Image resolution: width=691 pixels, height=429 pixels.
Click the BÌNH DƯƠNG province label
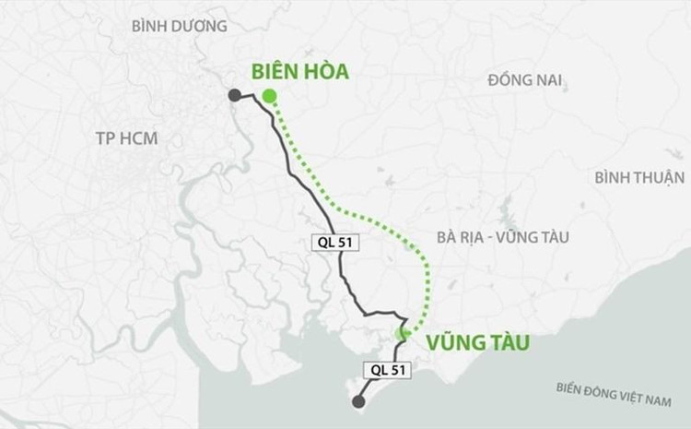click(179, 26)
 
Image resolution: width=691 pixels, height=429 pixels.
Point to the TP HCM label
click(126, 138)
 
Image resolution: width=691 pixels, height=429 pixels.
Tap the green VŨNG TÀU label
click(478, 344)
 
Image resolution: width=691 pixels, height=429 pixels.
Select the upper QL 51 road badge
click(334, 243)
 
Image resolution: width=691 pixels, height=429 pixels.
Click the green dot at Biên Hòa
click(268, 96)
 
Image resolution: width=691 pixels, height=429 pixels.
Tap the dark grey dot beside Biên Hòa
click(235, 94)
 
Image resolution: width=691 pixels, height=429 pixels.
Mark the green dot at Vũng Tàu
click(403, 334)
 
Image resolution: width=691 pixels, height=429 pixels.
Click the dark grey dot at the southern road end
click(357, 402)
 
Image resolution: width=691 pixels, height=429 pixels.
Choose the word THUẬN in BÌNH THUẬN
click(660, 177)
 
